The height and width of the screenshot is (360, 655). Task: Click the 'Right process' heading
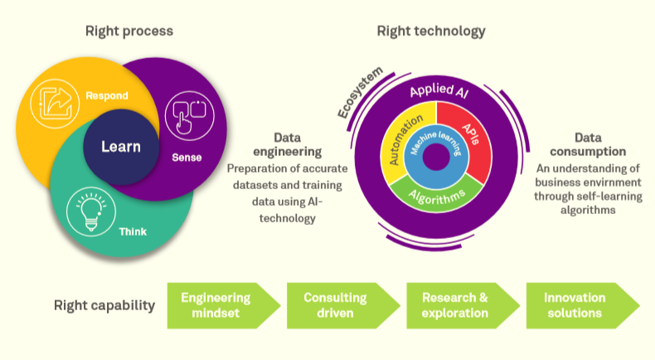coord(129,32)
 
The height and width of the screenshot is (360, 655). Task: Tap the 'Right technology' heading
coord(431,32)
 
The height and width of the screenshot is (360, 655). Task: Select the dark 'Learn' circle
coord(121,147)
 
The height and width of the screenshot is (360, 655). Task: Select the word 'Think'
coord(132,231)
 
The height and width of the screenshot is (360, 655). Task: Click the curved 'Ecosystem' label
coord(360,92)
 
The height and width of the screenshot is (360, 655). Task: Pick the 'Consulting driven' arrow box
coord(335,305)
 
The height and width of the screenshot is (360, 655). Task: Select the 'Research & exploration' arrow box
coord(455,305)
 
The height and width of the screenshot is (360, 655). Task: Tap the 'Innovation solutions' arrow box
coord(575,305)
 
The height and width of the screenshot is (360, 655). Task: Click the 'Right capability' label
coord(105,305)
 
